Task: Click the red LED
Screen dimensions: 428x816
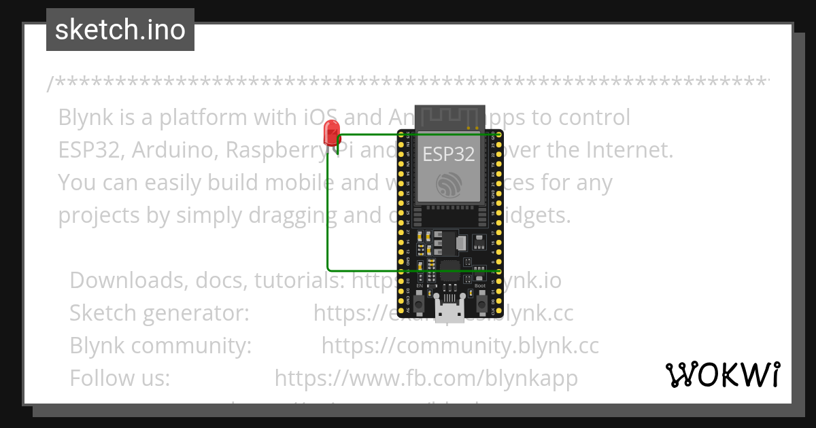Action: point(332,131)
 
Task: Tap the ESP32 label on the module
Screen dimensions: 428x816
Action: point(449,154)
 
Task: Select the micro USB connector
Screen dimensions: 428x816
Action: point(449,313)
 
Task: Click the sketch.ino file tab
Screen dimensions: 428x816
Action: point(120,30)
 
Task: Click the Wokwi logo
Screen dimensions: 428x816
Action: point(722,374)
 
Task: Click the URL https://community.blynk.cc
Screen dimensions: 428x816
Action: point(460,346)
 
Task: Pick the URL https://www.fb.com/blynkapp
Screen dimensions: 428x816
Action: point(426,378)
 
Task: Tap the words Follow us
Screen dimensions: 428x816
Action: point(120,378)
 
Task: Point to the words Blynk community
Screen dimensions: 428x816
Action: point(160,346)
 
